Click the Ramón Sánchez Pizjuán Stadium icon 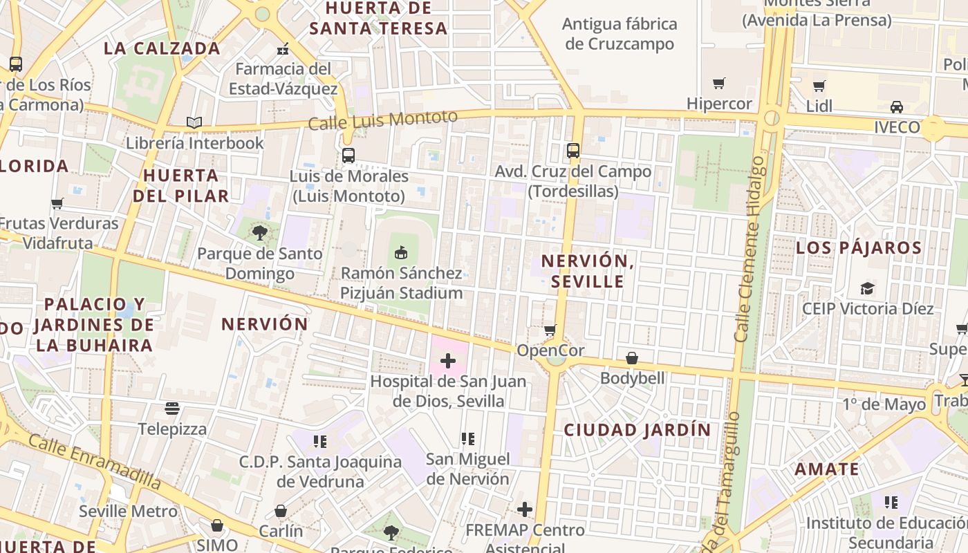click(400, 252)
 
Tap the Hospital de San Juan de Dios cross click(448, 360)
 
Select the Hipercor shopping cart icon click(719, 84)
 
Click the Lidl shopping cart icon click(819, 86)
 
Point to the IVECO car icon click(896, 107)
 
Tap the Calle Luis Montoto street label click(382, 120)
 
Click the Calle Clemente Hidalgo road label click(752, 249)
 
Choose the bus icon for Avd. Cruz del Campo click(573, 150)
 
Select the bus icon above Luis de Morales click(348, 155)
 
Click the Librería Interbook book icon click(194, 122)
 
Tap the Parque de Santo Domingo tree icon click(260, 232)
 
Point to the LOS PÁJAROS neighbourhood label click(859, 248)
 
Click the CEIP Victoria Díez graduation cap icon click(867, 288)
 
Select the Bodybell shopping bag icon click(632, 358)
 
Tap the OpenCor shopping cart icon click(550, 330)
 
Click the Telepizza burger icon click(172, 409)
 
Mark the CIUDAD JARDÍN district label click(637, 430)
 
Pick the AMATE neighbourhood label click(826, 469)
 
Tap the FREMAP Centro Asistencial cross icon click(525, 509)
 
